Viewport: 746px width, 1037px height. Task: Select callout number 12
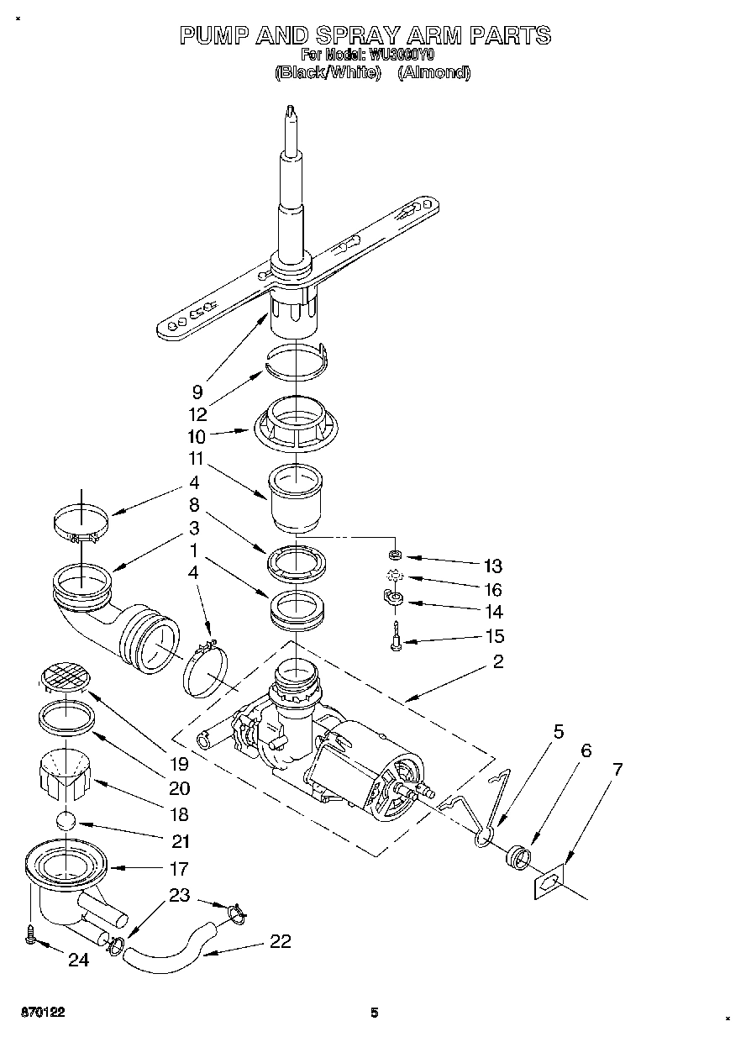point(198,413)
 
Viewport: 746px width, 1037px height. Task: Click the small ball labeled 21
point(66,823)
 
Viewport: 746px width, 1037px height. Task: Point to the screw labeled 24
point(32,934)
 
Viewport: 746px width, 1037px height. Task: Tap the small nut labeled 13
point(394,555)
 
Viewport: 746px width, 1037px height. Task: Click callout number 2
point(498,662)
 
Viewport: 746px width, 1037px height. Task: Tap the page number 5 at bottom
point(375,1013)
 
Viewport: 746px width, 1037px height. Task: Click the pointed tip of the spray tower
point(290,109)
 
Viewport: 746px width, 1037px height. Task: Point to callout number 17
point(178,868)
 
